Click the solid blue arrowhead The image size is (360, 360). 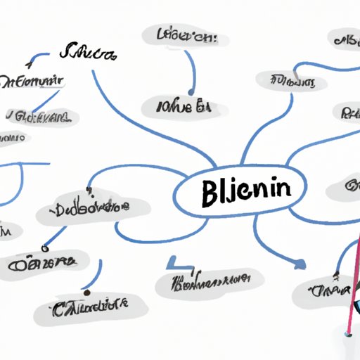(x=300, y=265)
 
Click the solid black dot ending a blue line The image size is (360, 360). (x=86, y=292)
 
